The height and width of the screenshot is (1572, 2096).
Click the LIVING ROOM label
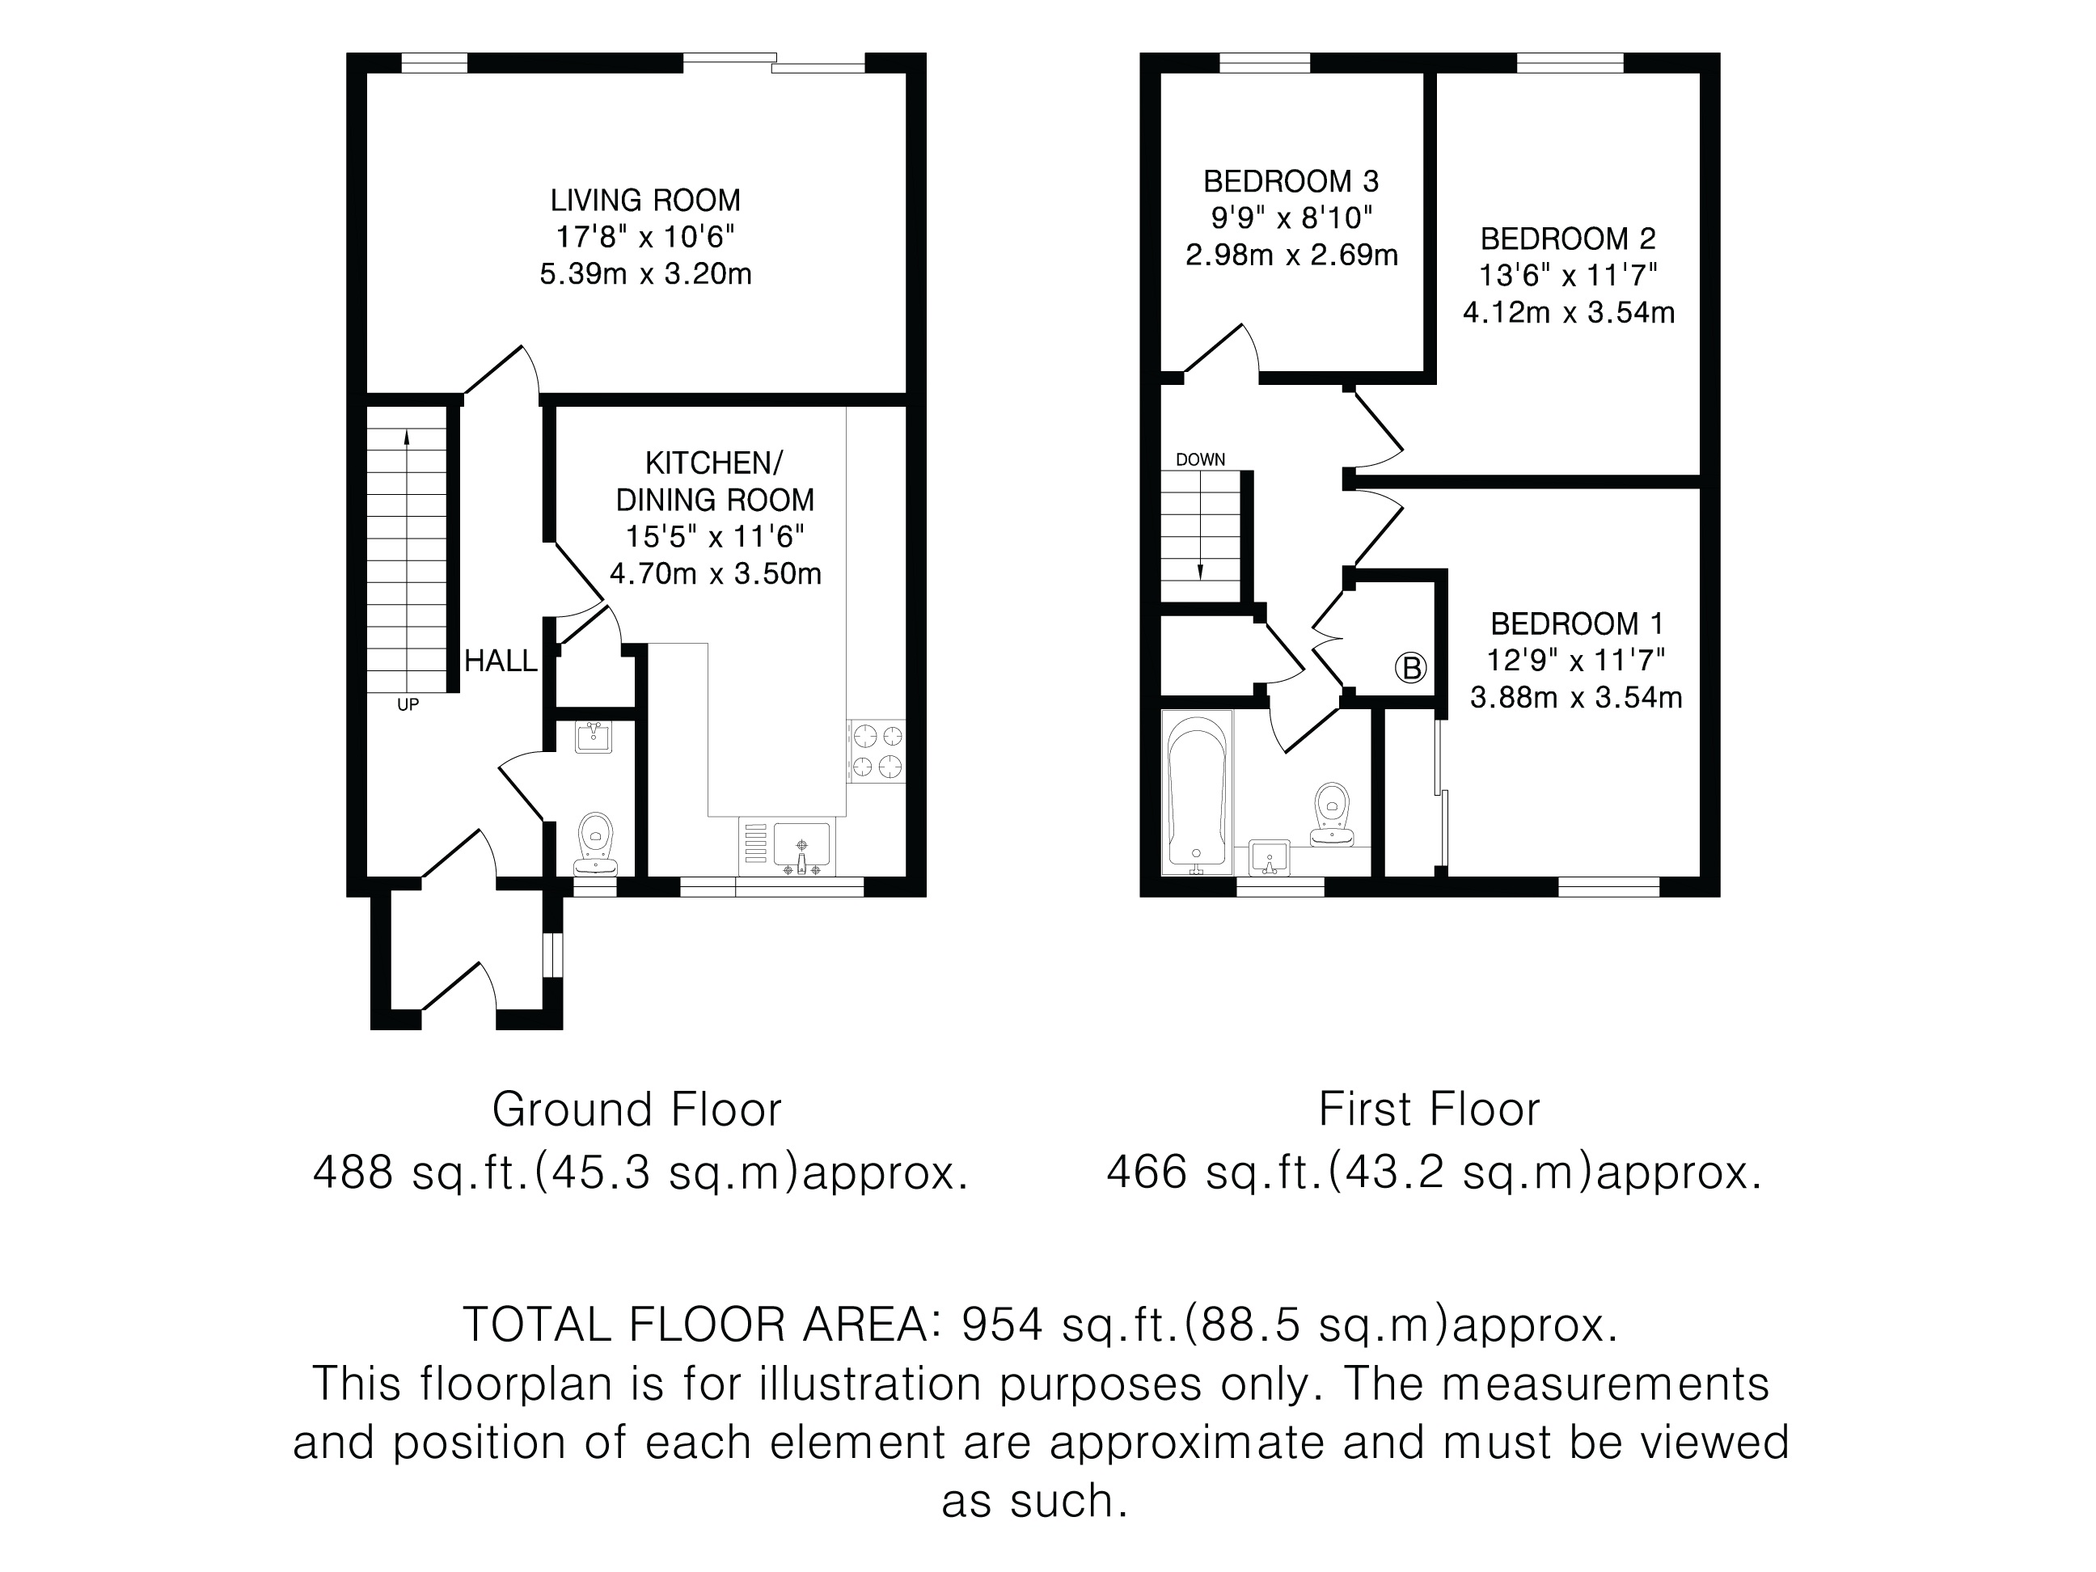coord(645,201)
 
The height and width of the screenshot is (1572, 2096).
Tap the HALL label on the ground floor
coord(501,661)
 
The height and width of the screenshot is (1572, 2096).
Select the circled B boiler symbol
coord(1411,668)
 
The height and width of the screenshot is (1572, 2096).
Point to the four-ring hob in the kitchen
coord(877,751)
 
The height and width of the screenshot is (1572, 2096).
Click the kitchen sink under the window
coord(801,845)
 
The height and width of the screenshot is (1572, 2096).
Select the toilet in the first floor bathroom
coord(1334,814)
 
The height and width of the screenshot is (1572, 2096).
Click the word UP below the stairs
coord(408,705)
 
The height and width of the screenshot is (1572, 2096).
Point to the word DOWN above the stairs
coord(1201,459)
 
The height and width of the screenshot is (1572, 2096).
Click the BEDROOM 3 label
coord(1291,181)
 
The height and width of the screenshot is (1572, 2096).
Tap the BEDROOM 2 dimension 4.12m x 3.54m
coord(1569,313)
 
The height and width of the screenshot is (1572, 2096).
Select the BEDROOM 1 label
coord(1577,623)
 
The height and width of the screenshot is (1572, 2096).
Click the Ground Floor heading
coord(636,1109)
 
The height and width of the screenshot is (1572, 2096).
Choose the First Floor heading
coord(1430,1109)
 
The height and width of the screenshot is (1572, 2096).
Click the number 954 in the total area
coord(1003,1325)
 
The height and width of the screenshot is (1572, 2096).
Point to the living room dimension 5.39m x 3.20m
coord(645,275)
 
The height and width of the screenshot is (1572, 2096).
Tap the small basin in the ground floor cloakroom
coord(594,737)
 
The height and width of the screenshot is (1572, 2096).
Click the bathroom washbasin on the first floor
coord(1269,856)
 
